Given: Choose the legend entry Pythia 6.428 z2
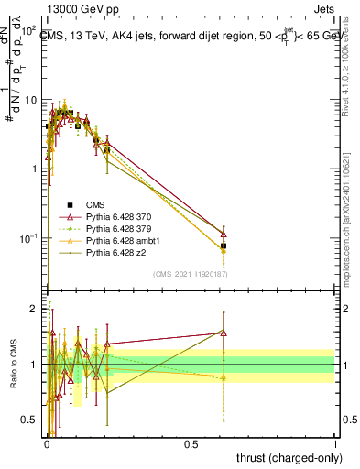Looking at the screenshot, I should pos(114,252).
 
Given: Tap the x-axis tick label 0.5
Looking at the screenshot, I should pos(191,444).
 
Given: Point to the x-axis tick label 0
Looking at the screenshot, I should pos(46,444).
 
